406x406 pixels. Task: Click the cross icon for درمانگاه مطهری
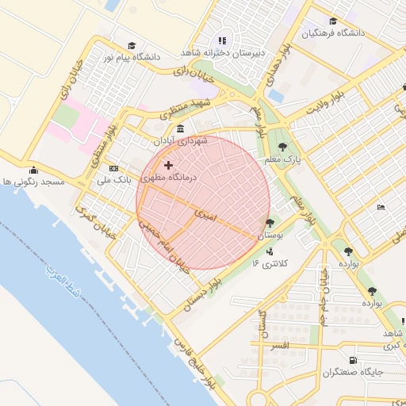tap(168, 165)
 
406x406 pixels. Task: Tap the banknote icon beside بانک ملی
tap(113, 169)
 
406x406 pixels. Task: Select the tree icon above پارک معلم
tap(283, 145)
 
